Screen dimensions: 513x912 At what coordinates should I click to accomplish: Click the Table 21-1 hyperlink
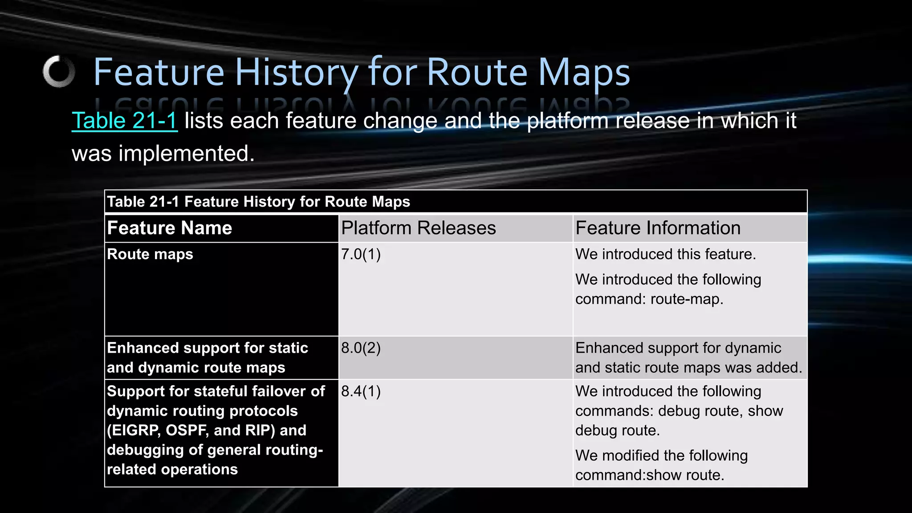pos(125,121)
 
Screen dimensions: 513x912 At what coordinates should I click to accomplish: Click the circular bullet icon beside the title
pos(59,72)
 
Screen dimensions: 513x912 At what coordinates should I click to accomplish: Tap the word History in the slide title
pos(296,72)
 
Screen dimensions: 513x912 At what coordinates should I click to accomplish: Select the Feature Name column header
pos(170,228)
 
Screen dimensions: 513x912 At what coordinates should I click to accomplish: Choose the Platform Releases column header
pos(418,228)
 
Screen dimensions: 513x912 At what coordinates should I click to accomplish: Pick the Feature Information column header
pos(658,228)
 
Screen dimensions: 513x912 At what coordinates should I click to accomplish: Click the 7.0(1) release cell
pos(361,254)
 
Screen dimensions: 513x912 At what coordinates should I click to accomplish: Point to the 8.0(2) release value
pos(361,348)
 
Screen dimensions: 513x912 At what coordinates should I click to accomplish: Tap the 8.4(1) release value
pos(361,391)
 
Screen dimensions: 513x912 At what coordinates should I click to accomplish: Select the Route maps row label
pos(150,254)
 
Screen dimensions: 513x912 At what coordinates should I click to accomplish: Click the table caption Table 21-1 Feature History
pos(258,202)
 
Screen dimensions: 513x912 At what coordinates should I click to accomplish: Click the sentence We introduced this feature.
pos(665,254)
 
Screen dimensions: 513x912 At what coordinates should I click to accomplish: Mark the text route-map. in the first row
pos(687,299)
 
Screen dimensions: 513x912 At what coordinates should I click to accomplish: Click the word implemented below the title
pos(186,154)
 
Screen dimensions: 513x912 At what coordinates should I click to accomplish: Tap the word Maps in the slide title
pos(584,72)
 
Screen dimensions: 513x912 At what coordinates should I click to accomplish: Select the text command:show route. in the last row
pos(649,475)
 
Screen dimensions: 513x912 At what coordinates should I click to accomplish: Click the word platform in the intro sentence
pos(568,121)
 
